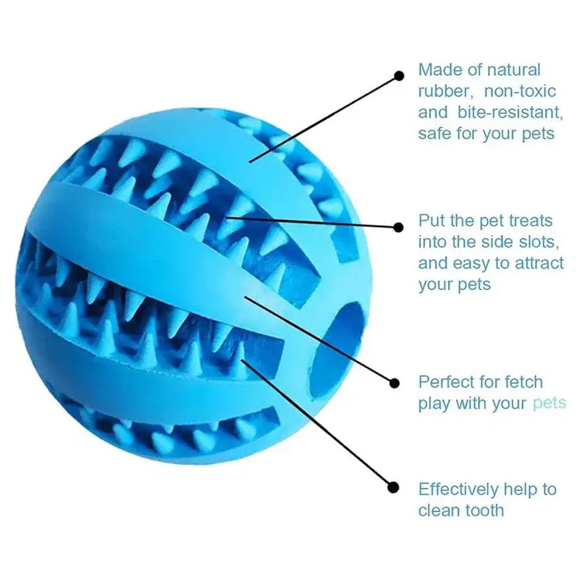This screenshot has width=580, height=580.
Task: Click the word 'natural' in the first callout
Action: pos(513,70)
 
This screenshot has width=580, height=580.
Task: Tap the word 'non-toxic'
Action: pos(520,91)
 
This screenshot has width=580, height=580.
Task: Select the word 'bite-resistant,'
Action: pos(510,112)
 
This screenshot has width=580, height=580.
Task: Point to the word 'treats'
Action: pos(531,221)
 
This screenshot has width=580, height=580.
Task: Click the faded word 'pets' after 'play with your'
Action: pos(549,404)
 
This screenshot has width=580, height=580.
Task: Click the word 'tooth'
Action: pos(485,510)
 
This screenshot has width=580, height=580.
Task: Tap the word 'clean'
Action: pos(439,510)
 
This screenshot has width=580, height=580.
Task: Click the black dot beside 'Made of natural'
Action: pos(399,76)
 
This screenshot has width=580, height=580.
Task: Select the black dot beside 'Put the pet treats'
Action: pos(398,227)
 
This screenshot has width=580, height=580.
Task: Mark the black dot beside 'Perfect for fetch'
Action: pos(394,383)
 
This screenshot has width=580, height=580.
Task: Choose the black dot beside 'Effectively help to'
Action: pos(394,487)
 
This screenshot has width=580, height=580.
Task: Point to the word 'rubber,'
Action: pos(445,91)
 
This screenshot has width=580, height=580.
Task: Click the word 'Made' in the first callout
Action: pos(438,70)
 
